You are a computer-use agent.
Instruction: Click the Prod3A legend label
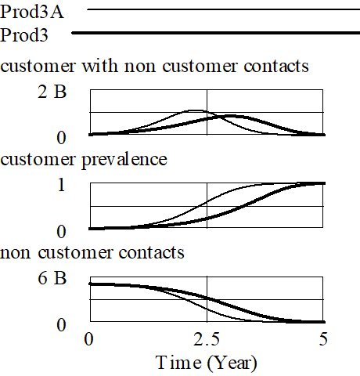pyautogui.click(x=32, y=12)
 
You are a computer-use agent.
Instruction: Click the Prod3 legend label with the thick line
pyautogui.click(x=24, y=35)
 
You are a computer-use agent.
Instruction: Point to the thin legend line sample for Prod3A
pyautogui.click(x=223, y=9)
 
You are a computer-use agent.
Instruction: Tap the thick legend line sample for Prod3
pyautogui.click(x=216, y=33)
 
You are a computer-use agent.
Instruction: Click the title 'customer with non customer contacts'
pyautogui.click(x=154, y=66)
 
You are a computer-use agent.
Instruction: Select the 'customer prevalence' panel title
pyautogui.click(x=84, y=160)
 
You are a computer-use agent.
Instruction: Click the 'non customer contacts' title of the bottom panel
pyautogui.click(x=92, y=252)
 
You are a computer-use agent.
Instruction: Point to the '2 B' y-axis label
pyautogui.click(x=52, y=92)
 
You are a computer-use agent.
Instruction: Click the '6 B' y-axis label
pyautogui.click(x=52, y=278)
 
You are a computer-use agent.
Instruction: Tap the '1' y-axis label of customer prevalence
pyautogui.click(x=61, y=185)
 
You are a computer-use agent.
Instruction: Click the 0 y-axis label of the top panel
pyautogui.click(x=61, y=138)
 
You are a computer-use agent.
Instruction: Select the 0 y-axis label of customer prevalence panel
pyautogui.click(x=61, y=231)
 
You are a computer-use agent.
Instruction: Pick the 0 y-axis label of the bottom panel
pyautogui.click(x=61, y=325)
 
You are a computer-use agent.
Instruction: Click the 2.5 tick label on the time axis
pyautogui.click(x=207, y=339)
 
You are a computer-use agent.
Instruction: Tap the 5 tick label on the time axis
pyautogui.click(x=323, y=339)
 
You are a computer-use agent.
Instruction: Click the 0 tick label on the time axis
pyautogui.click(x=88, y=339)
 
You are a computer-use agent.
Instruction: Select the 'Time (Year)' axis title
pyautogui.click(x=207, y=363)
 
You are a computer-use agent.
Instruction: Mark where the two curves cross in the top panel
pyautogui.click(x=217, y=117)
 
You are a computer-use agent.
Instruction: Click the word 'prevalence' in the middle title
pyautogui.click(x=124, y=160)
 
